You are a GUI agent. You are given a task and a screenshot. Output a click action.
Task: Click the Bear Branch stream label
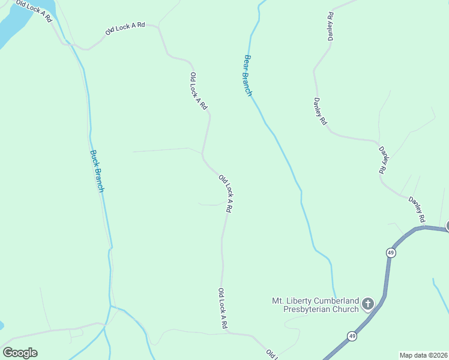(x=247, y=76)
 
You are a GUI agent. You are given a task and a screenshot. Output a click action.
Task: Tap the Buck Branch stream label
(x=97, y=170)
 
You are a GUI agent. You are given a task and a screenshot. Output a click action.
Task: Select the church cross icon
(x=368, y=304)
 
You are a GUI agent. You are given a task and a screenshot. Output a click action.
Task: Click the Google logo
(x=20, y=353)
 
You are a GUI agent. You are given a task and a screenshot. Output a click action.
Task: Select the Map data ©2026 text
(x=423, y=355)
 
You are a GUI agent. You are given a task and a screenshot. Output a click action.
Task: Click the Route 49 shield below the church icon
(x=352, y=336)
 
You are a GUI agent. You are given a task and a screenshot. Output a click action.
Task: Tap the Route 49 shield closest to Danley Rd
(x=391, y=253)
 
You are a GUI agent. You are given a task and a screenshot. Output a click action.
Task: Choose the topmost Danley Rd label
(x=330, y=26)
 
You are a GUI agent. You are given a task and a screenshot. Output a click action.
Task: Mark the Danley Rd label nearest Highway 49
(x=417, y=208)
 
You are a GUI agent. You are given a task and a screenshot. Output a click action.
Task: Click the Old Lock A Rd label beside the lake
(x=34, y=11)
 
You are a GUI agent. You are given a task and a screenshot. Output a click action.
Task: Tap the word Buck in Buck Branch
(x=94, y=159)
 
